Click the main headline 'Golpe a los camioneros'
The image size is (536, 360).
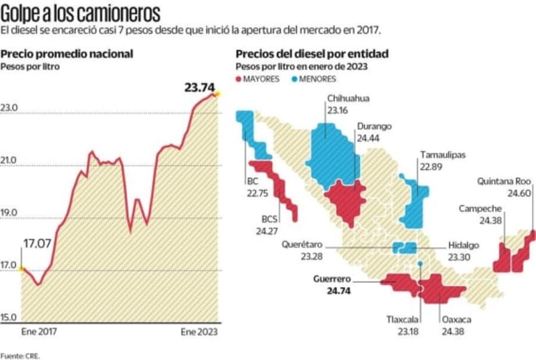tap(81, 12)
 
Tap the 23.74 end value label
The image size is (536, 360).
tap(199, 88)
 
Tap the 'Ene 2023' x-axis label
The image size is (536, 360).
tap(199, 332)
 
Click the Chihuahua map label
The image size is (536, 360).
tap(348, 104)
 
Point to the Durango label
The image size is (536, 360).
tap(374, 131)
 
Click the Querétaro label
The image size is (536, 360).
tap(303, 250)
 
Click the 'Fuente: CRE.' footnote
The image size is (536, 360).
tap(20, 355)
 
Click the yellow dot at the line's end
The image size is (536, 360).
tap(217, 93)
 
